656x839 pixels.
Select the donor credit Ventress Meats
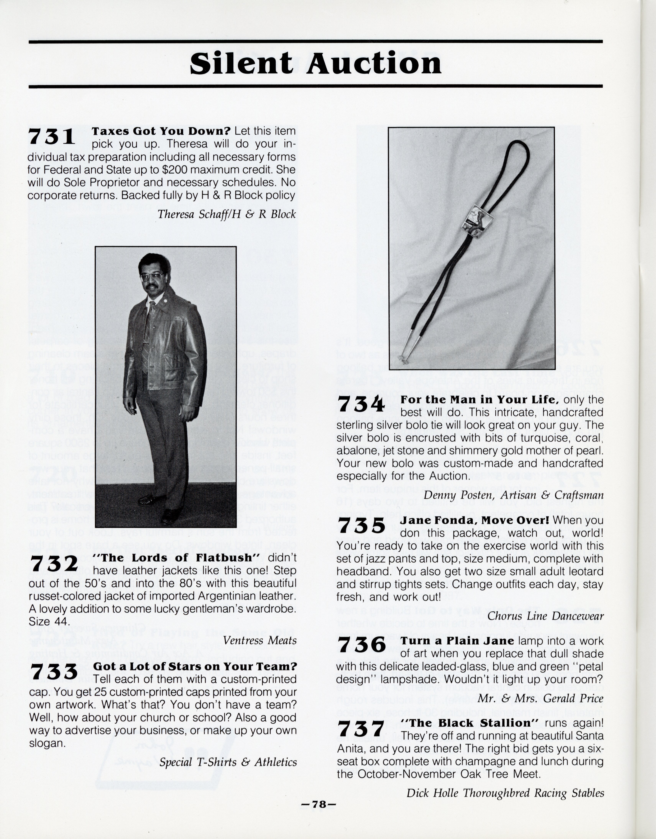coord(260,640)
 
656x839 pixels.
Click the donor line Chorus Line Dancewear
coord(545,616)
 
